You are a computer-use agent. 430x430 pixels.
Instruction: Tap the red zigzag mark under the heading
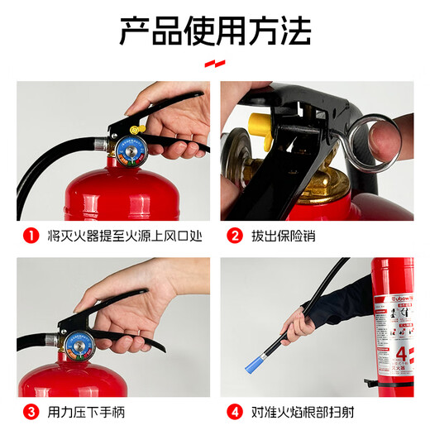[x=215, y=63]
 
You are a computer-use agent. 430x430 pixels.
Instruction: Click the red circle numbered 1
[x=31, y=236]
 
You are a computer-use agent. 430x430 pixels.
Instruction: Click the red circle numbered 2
[x=235, y=236]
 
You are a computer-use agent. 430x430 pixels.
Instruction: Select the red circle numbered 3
[x=31, y=408]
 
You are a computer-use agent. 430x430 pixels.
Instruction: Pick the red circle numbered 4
[x=235, y=408]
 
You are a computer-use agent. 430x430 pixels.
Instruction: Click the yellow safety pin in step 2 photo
[x=258, y=132]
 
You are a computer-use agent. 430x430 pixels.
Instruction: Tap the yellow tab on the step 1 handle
[x=136, y=127]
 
